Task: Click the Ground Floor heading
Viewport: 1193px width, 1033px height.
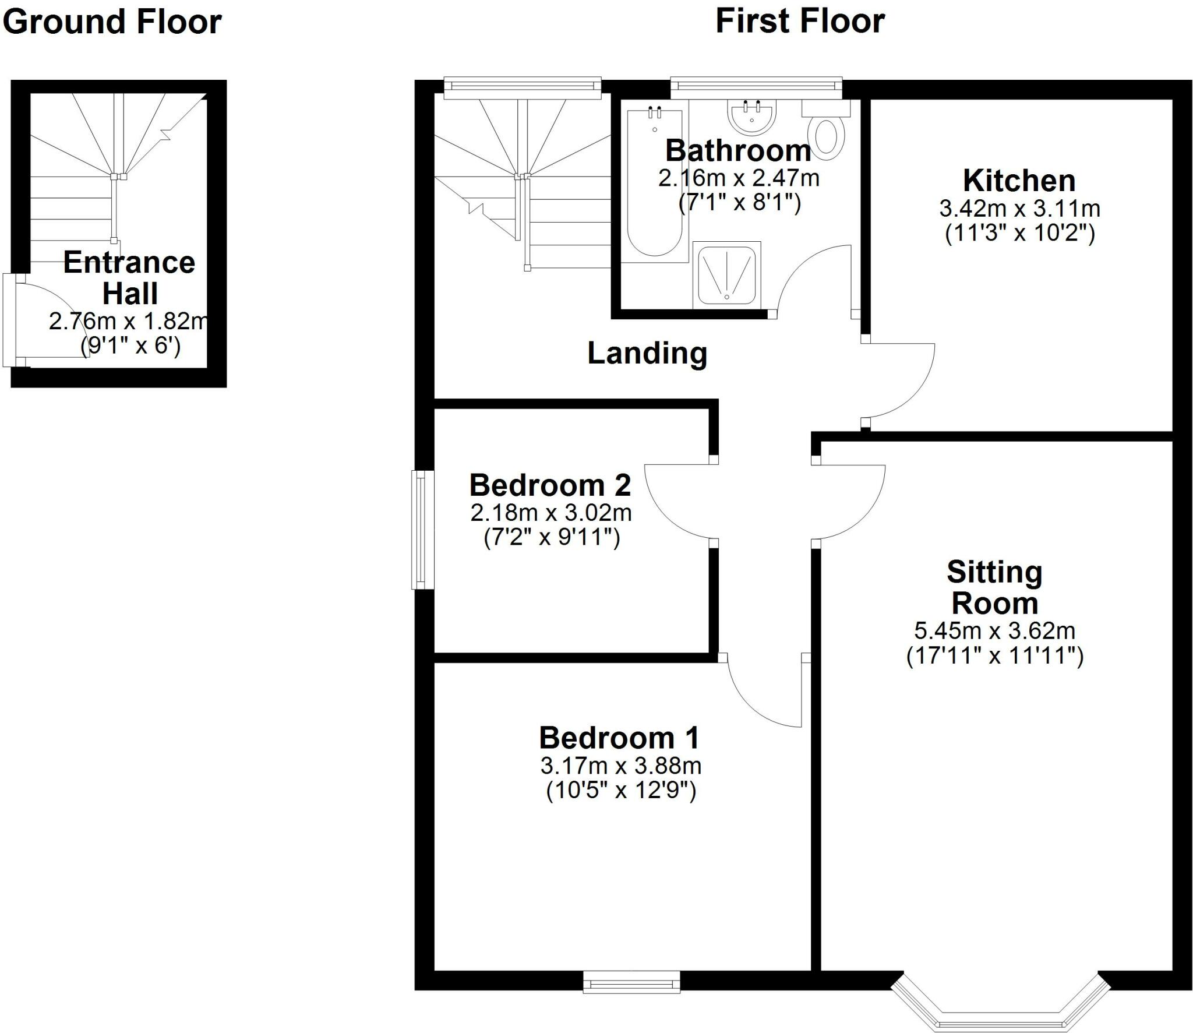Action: coord(112,22)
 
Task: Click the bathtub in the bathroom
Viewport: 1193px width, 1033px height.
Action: coord(654,182)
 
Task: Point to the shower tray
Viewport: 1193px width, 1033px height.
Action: coord(727,273)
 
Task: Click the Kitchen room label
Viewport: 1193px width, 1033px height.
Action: coord(1019,181)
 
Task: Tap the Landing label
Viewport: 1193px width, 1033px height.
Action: coord(647,353)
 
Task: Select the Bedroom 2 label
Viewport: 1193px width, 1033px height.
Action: coord(550,485)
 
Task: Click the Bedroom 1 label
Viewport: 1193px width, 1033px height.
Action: coord(619,738)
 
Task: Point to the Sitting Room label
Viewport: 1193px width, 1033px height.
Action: coord(994,587)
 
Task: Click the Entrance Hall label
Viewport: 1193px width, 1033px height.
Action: coord(129,277)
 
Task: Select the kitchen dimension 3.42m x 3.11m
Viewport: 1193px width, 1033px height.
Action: coord(1019,208)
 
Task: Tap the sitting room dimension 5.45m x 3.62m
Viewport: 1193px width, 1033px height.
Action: coord(994,630)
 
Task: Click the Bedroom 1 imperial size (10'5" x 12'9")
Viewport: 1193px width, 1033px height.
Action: coord(621,791)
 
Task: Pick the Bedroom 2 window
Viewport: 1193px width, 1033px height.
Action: coord(423,530)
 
